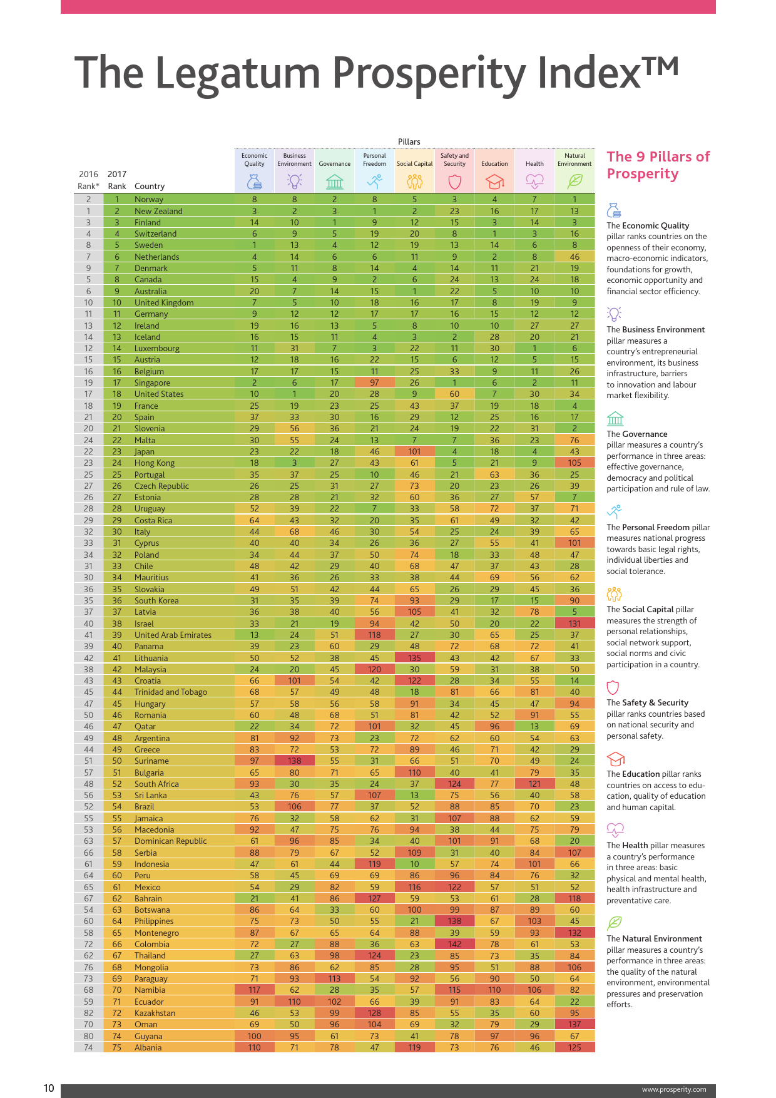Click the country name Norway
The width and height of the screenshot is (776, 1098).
click(149, 199)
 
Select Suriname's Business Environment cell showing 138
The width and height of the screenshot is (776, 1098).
click(294, 761)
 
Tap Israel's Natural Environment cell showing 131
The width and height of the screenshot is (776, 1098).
click(574, 623)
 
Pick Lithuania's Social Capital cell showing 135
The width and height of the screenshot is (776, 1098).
click(414, 658)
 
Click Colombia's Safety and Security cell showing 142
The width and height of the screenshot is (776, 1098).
click(454, 944)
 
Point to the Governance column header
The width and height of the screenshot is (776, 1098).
click(334, 164)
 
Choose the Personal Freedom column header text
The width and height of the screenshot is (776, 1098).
click(374, 160)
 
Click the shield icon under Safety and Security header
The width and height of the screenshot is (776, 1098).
click(454, 182)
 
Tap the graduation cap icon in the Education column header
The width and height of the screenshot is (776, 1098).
click(494, 182)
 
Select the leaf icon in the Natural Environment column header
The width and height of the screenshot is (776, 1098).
click(574, 182)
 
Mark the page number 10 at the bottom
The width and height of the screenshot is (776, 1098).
click(49, 1088)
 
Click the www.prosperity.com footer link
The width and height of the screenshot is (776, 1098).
click(674, 1089)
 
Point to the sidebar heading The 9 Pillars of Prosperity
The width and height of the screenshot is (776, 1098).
click(658, 165)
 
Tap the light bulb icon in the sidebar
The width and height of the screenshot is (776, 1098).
click(614, 314)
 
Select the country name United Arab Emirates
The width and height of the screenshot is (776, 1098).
click(173, 635)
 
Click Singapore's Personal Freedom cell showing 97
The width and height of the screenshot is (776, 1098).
click(374, 382)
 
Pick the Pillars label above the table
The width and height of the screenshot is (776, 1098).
click(409, 141)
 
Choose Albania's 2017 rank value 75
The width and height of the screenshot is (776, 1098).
click(117, 1047)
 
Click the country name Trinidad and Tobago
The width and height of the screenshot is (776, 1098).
click(170, 692)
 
